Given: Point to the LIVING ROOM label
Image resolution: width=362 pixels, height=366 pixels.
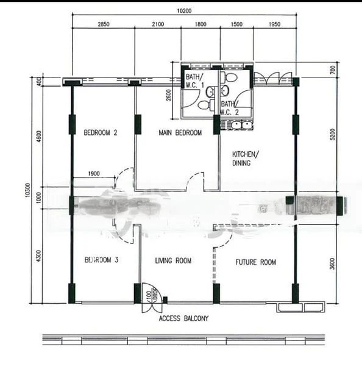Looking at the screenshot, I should pyautogui.click(x=173, y=261).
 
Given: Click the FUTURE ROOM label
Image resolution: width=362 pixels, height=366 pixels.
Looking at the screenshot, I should pyautogui.click(x=256, y=262).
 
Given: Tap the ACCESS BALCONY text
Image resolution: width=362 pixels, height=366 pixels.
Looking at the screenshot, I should pyautogui.click(x=183, y=318).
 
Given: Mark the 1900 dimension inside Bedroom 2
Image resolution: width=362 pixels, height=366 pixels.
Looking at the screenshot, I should pyautogui.click(x=93, y=174).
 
